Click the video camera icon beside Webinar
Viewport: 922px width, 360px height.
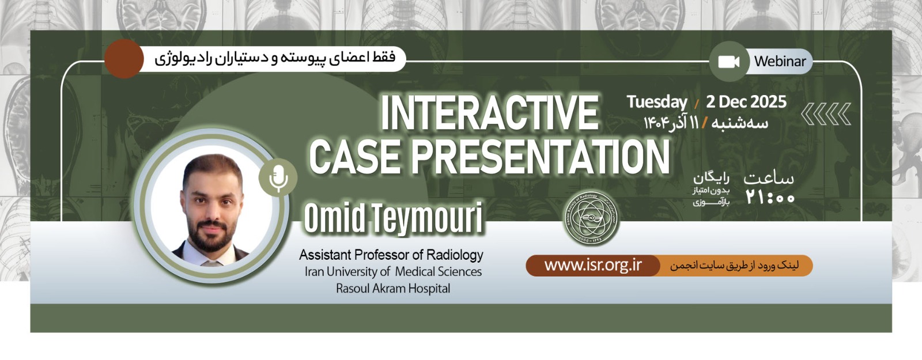coord(728,62)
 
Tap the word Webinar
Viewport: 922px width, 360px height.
coord(780,61)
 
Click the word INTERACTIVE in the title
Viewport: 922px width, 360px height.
coord(490,112)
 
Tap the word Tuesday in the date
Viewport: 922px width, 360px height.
coord(657,102)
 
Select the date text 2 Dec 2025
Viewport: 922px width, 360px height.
coord(746,101)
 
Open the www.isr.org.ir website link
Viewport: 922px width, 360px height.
coord(593,266)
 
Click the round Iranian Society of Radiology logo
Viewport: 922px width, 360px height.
coord(591,218)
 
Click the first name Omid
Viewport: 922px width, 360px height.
coord(335,218)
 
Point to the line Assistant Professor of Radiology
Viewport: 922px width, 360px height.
coord(391,255)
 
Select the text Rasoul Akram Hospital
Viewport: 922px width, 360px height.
coord(393,289)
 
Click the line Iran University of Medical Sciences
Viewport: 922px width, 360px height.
coord(393,271)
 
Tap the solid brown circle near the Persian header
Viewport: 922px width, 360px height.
coord(124,59)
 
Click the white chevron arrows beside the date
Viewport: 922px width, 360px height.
coord(826,113)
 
